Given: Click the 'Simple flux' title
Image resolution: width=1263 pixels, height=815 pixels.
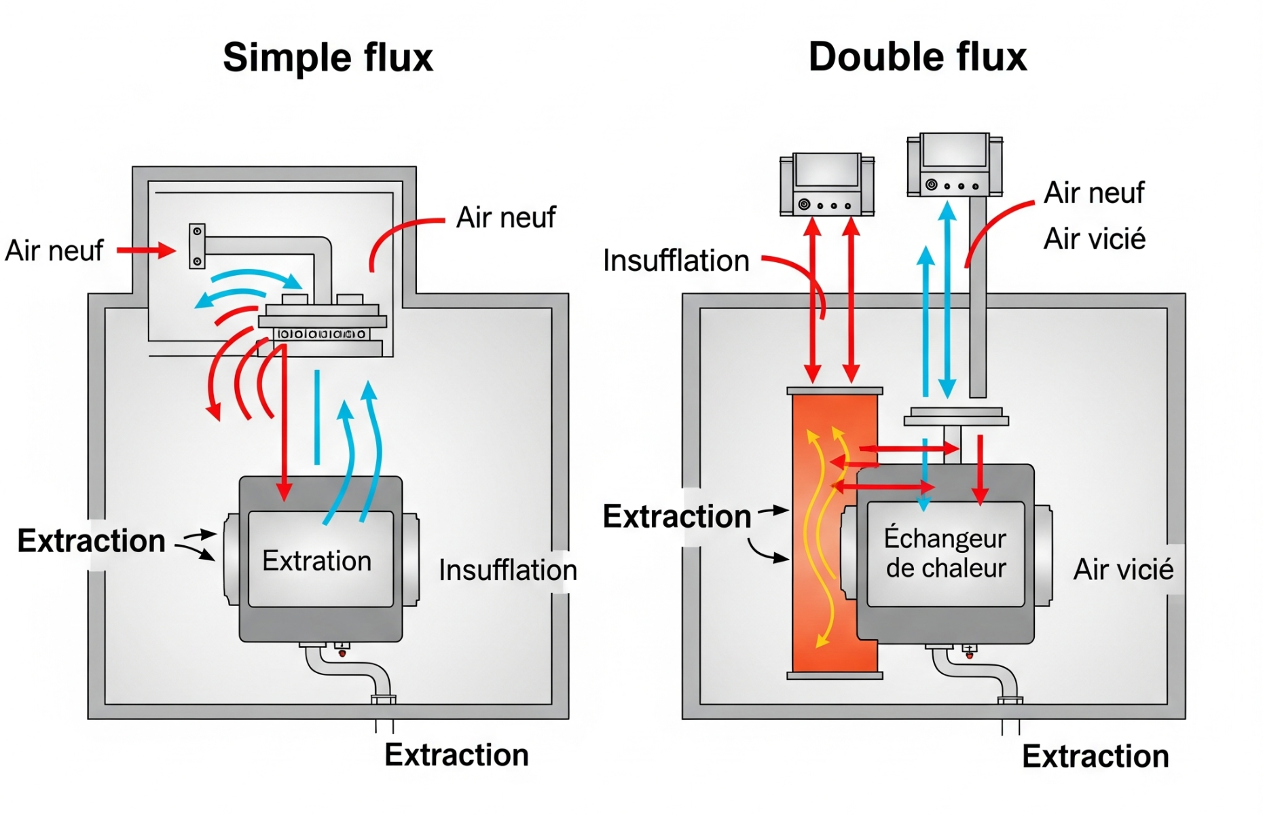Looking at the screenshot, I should (327, 57).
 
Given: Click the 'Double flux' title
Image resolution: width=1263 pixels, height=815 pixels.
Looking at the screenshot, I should (917, 57).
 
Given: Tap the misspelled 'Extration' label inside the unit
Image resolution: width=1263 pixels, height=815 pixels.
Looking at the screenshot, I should (316, 561).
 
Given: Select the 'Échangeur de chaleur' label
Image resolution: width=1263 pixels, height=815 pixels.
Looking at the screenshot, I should (945, 553).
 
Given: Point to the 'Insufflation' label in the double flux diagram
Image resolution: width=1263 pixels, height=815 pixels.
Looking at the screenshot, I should (676, 261).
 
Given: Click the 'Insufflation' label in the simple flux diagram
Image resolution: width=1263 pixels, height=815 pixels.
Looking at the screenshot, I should (507, 570).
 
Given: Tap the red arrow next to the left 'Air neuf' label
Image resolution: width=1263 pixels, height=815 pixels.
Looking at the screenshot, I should (145, 251).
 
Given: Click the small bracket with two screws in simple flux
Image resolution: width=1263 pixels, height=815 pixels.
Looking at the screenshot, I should (197, 246).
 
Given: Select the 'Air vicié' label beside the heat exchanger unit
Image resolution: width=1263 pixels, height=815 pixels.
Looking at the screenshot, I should (1123, 569).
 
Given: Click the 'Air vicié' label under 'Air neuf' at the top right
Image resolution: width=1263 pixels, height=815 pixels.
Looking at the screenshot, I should (1094, 239).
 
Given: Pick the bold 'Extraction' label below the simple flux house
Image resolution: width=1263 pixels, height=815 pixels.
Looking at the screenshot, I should (456, 755).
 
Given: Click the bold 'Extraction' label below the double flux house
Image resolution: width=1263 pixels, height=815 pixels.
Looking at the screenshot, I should (1095, 757).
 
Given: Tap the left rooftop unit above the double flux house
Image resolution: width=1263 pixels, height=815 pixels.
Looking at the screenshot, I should (826, 184).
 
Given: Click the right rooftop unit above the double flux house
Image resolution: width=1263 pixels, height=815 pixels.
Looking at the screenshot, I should (955, 164).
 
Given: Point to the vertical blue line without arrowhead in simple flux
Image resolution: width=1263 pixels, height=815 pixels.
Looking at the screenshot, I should (316, 417).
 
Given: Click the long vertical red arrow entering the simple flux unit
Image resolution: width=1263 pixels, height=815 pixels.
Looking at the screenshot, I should (285, 421).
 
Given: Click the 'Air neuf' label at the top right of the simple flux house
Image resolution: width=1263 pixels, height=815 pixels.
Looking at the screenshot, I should (505, 218).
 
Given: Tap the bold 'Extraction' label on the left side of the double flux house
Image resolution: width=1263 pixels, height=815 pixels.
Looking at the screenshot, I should (676, 517).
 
